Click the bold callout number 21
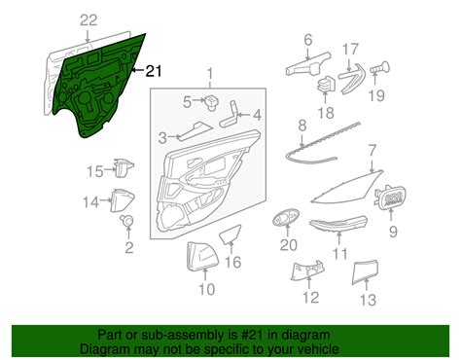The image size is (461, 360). point(154,71)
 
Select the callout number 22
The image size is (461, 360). point(89,20)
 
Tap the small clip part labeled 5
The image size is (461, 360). point(211,102)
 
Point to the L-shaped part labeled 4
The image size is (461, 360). point(230,115)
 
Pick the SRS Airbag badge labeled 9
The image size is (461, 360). point(390,198)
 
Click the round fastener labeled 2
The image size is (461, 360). point(126,221)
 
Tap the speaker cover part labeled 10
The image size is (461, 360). point(202,256)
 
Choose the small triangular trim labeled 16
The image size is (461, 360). point(230,234)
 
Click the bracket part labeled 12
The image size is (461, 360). point(307,270)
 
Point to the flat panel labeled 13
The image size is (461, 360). point(365,271)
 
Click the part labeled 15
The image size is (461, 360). point(124,167)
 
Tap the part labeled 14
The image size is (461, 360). point(123,199)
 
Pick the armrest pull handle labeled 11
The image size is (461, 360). point(338,225)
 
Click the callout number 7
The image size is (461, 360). point(372,151)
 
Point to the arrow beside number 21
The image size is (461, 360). point(138,70)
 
